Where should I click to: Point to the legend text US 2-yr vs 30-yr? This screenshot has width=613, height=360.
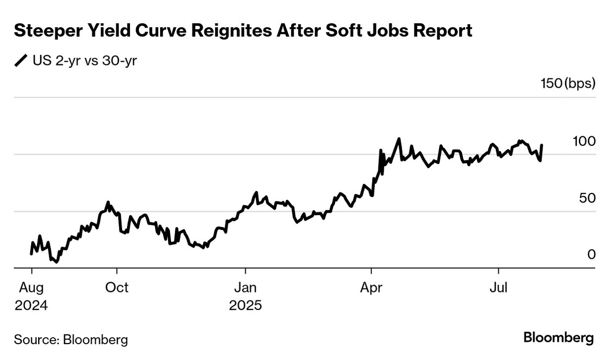click(x=85, y=61)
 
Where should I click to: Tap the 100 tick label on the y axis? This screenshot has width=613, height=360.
click(x=584, y=141)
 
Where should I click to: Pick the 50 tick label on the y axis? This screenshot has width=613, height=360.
click(x=587, y=198)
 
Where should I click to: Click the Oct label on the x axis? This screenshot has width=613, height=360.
click(x=117, y=288)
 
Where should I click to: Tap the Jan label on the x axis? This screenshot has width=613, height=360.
click(x=245, y=288)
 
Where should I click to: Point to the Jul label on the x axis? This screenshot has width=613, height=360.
click(x=498, y=288)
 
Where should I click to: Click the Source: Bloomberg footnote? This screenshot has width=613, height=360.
click(x=71, y=340)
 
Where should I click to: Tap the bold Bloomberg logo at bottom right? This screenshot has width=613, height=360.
click(x=558, y=338)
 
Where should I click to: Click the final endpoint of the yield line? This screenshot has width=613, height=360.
click(x=542, y=145)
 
